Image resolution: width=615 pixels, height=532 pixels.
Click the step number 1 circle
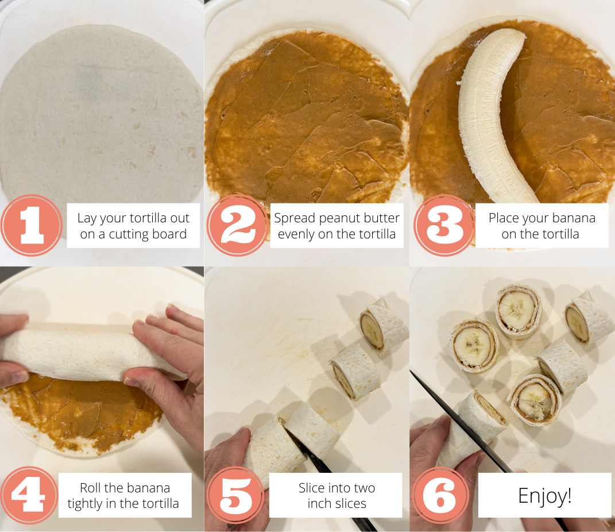tap(32, 225)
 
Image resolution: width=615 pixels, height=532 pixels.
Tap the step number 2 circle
tap(237, 225)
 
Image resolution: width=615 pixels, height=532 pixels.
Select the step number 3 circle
tap(443, 225)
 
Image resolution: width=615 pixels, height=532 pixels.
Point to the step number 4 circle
tap(29, 495)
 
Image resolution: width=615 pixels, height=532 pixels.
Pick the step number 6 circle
tap(440, 495)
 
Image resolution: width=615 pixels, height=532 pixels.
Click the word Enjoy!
tap(544, 495)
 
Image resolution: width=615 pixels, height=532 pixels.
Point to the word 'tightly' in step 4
tap(87, 504)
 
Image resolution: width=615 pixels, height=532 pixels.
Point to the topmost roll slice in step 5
tap(384, 326)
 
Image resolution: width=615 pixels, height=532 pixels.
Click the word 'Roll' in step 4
tap(93, 488)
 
